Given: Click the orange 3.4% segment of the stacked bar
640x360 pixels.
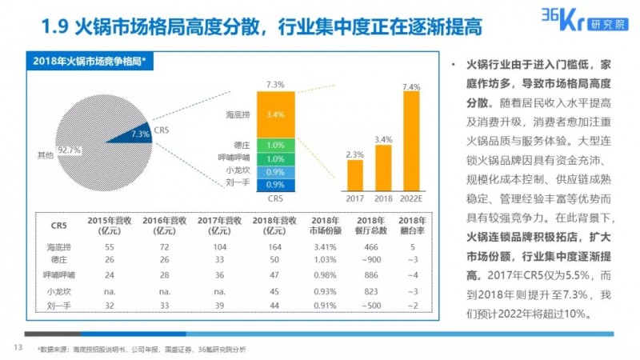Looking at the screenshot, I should (x=274, y=115).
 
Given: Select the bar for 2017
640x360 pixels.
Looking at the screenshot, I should (x=354, y=173).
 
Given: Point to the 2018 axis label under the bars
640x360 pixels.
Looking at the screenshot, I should (x=383, y=198).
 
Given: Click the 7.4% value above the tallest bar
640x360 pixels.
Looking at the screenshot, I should (x=412, y=86).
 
